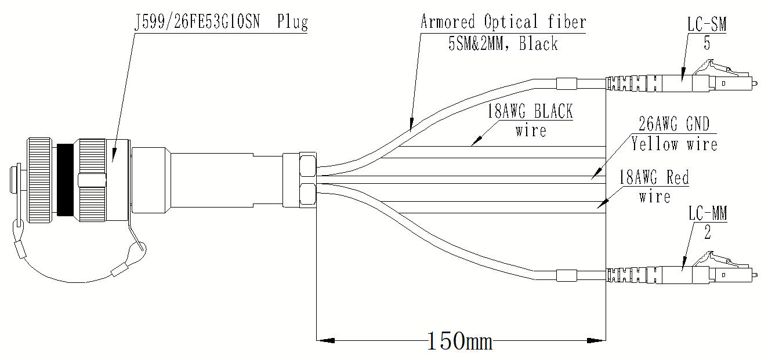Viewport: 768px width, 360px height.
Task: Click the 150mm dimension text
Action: [460, 341]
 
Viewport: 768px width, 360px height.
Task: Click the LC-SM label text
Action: [707, 25]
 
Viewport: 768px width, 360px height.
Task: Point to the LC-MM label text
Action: [708, 213]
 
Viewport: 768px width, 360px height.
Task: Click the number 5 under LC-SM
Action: [707, 43]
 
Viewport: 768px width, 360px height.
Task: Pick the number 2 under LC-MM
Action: [708, 232]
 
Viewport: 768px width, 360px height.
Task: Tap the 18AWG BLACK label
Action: [530, 111]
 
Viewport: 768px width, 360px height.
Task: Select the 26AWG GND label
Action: [673, 124]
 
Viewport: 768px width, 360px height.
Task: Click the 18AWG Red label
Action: [654, 178]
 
